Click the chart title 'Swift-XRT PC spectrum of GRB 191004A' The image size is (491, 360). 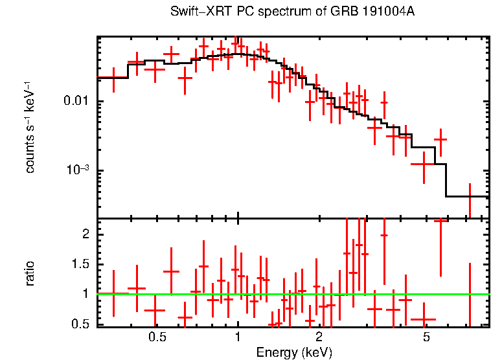tap(292, 12)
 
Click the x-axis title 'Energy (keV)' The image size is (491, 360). tap(294, 352)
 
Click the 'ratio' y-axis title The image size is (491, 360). tap(30, 273)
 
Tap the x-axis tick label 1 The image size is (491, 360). tap(238, 337)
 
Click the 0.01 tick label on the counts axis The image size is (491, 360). tap(76, 102)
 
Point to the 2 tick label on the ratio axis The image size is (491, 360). tap(86, 234)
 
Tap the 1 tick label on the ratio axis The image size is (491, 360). tap(86, 294)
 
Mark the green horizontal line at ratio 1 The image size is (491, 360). tap(291, 294)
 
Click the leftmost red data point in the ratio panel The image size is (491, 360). tap(113, 293)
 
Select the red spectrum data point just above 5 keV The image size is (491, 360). tap(440, 139)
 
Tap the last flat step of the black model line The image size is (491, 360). tap(466, 196)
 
